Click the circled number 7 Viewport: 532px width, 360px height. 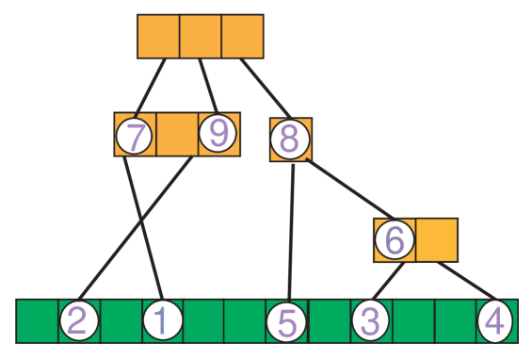[x=135, y=137]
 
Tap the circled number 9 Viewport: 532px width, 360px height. [x=218, y=135]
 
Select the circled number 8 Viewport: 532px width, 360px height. [x=289, y=139]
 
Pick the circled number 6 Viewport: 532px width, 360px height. [x=395, y=240]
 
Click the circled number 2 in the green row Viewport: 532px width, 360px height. [x=79, y=321]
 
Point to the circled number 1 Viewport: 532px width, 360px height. [x=162, y=321]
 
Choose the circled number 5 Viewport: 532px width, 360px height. [x=287, y=322]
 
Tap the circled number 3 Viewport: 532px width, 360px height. [x=370, y=321]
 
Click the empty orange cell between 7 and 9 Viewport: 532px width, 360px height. [x=177, y=135]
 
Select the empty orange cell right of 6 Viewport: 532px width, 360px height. [x=437, y=240]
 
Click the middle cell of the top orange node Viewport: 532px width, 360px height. [x=201, y=37]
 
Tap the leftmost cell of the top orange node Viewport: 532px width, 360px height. [x=158, y=37]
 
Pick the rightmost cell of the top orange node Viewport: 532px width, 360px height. [x=242, y=37]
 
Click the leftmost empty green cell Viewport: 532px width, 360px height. [x=38, y=321]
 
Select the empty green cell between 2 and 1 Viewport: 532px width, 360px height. [x=121, y=321]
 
